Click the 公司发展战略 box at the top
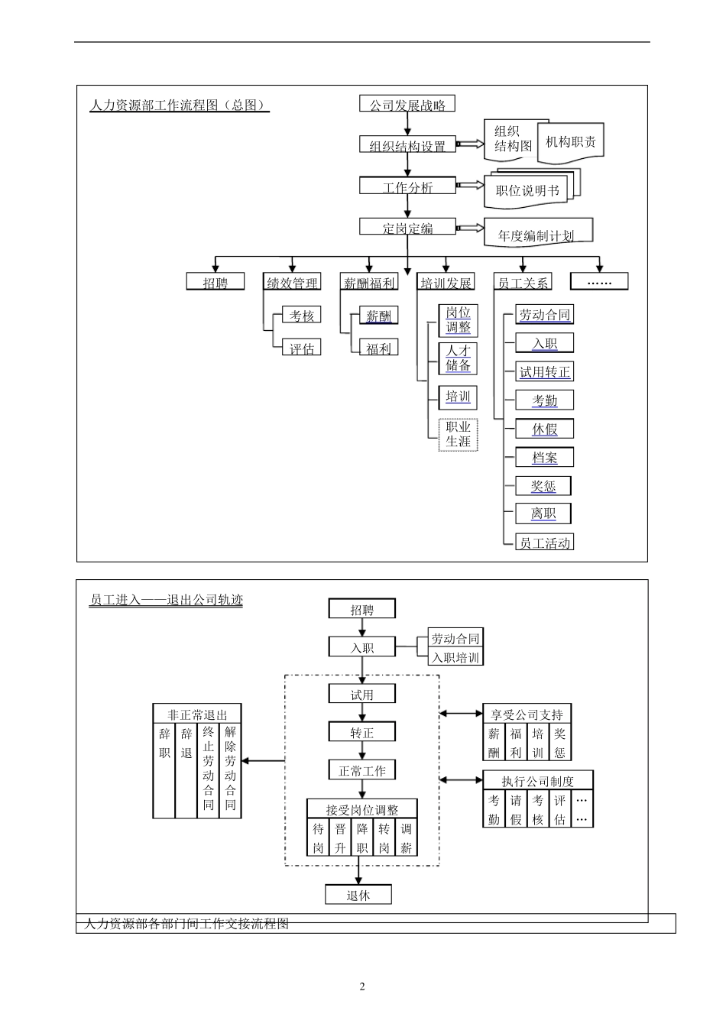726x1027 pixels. point(407,104)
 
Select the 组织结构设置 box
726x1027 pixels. point(407,145)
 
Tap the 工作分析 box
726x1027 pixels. point(407,186)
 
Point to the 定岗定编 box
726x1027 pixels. point(407,227)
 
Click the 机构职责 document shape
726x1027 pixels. point(571,142)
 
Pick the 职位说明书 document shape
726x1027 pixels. point(527,191)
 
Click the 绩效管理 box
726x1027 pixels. point(292,282)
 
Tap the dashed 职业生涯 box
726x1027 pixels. point(459,434)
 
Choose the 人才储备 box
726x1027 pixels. point(459,358)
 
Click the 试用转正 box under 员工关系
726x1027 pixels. point(545,372)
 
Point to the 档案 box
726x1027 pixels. point(545,458)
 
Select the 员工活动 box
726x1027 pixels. point(545,543)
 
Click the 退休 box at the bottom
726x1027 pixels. point(358,895)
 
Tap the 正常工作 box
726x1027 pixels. point(362,770)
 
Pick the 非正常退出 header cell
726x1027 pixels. point(197,714)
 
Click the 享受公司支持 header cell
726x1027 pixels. point(527,714)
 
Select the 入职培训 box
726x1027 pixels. point(455,657)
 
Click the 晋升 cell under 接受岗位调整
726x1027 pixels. point(340,837)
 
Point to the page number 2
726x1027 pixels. point(362,986)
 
